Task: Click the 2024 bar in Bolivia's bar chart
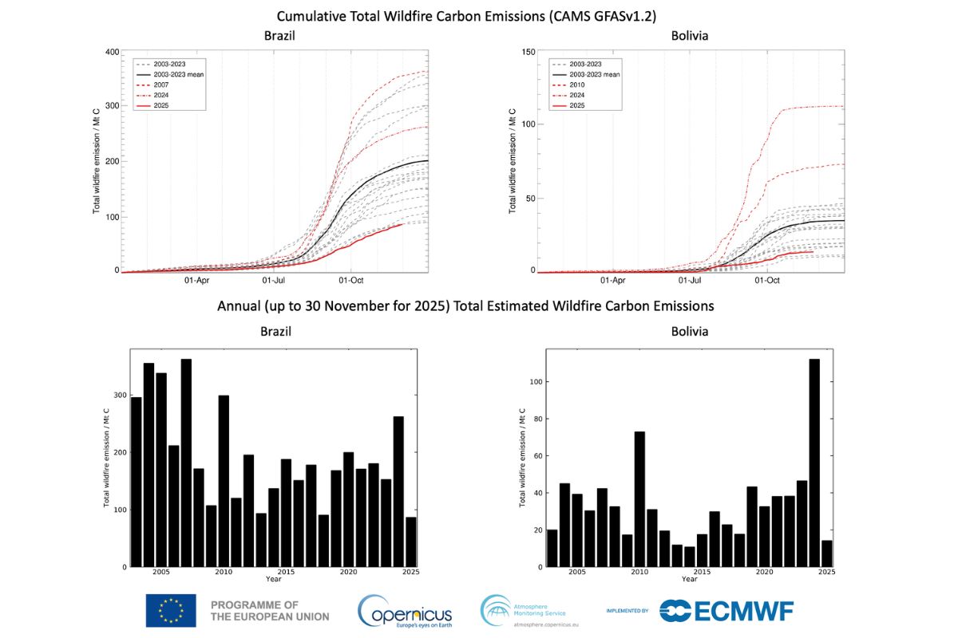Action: [814, 463]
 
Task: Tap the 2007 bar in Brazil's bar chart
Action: [186, 463]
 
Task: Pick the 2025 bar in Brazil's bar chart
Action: [410, 542]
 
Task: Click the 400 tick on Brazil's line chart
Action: [112, 53]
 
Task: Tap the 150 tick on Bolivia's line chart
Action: [529, 53]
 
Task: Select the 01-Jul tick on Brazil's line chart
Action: [274, 281]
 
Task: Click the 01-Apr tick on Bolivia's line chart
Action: [613, 281]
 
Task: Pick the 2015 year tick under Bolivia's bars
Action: [702, 573]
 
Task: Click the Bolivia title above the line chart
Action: [691, 36]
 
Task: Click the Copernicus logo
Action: [405, 612]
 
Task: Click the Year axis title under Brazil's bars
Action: [274, 580]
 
